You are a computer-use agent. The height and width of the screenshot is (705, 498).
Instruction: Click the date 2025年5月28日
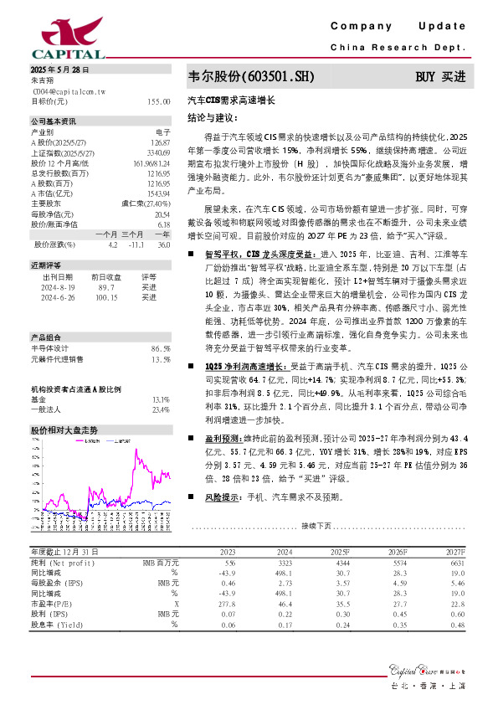coord(59,69)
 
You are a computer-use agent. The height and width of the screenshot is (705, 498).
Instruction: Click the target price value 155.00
coord(158,100)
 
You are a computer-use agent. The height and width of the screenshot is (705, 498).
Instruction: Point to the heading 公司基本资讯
coord(54,121)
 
